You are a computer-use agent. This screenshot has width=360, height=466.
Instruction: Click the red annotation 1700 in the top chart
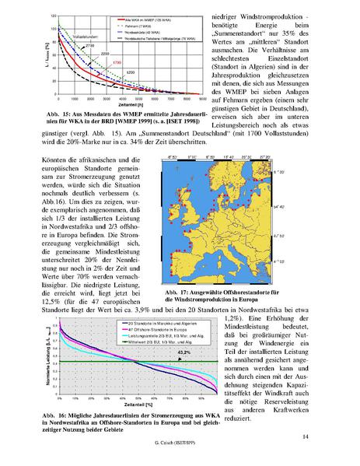[x=117, y=61]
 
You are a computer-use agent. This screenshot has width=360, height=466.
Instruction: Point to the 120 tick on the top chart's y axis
[x=30, y=16]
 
